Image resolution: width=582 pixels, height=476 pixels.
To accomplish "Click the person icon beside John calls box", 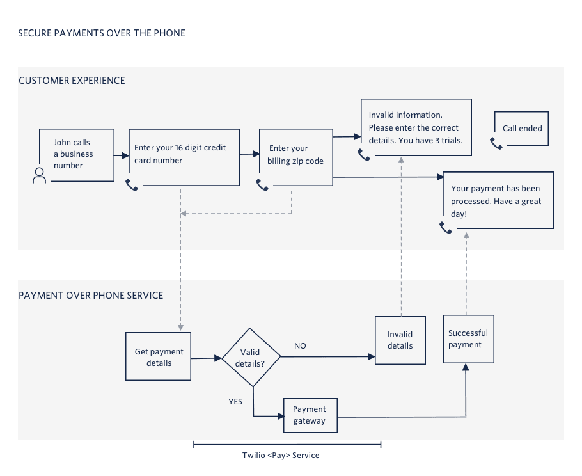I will click(40, 176).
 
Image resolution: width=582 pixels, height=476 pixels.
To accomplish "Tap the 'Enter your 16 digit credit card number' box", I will click(184, 157).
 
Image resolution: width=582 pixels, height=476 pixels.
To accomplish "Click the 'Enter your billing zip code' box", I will click(296, 157).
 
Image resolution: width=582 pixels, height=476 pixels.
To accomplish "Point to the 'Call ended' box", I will click(521, 129).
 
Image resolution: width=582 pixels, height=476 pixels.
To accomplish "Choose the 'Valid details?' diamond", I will click(251, 358).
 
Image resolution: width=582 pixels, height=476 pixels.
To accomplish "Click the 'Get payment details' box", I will click(159, 357).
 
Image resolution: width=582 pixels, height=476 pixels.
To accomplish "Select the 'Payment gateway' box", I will click(310, 416).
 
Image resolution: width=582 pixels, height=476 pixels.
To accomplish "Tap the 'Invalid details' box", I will click(400, 340).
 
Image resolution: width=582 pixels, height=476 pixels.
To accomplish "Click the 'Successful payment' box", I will click(468, 339).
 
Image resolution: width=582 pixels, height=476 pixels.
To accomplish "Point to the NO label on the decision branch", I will click(300, 346).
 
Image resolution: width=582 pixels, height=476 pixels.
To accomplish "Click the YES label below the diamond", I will click(235, 402).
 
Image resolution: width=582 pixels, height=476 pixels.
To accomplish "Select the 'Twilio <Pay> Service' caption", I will click(281, 456).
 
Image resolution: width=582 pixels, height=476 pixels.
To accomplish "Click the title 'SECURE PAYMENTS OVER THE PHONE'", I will click(102, 33).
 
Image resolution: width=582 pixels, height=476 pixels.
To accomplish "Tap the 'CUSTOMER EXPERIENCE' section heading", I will click(72, 81).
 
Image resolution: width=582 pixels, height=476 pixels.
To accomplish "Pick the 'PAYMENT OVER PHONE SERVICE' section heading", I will click(91, 296).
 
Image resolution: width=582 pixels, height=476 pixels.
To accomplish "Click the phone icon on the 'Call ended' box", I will click(496, 143).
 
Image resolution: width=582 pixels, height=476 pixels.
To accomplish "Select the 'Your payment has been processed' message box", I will click(498, 200).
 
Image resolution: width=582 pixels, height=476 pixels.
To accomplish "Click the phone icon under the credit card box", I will click(132, 185).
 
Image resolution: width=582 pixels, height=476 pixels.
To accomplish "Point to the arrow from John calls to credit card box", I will click(121, 155).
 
